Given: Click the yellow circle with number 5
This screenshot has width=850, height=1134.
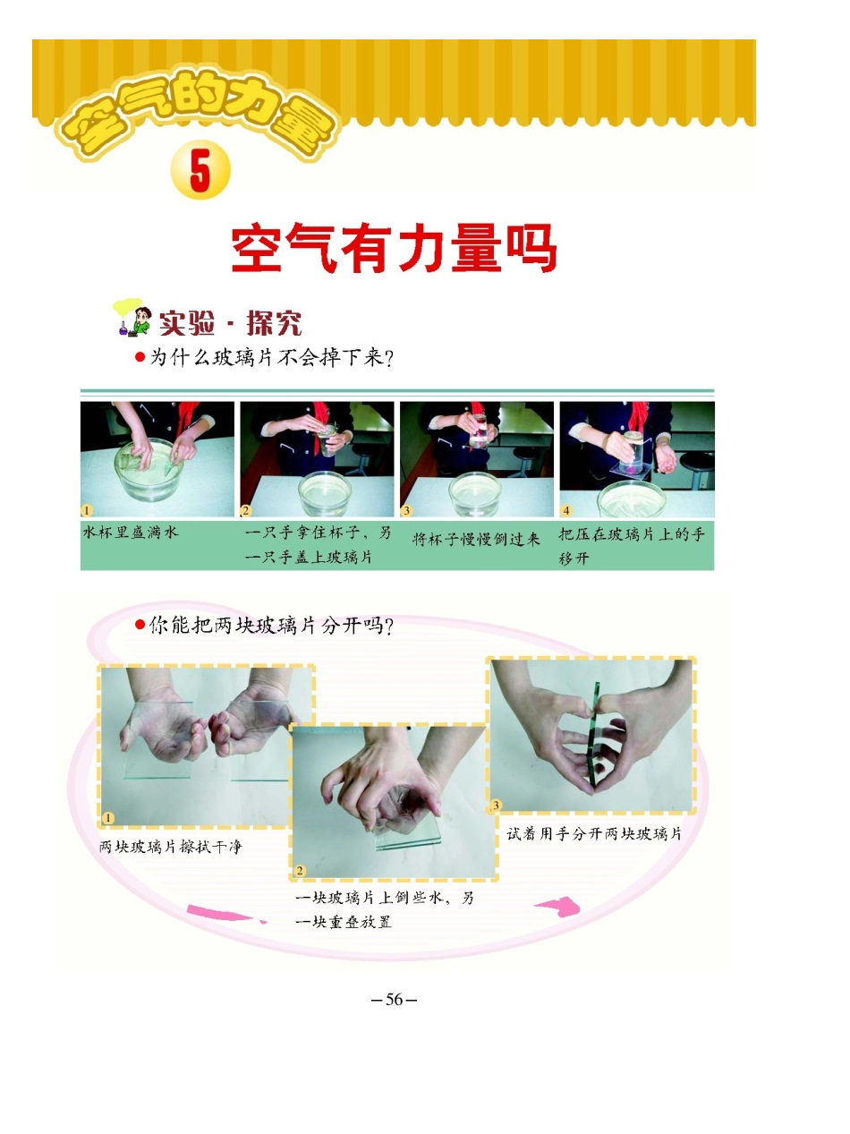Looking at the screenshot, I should (x=200, y=173).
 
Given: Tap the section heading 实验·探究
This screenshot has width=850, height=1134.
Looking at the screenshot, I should (x=230, y=323).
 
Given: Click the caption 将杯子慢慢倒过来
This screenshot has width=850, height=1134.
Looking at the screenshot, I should (x=476, y=540).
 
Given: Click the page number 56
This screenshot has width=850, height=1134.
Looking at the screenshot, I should (x=395, y=1000).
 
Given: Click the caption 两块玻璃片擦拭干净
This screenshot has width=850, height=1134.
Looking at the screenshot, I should (x=171, y=846).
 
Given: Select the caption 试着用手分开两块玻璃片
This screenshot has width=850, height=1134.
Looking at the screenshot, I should (x=594, y=833).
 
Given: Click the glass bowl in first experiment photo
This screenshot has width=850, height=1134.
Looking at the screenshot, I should (x=157, y=470).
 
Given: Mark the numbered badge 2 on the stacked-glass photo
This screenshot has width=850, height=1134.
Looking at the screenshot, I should (x=300, y=870).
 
